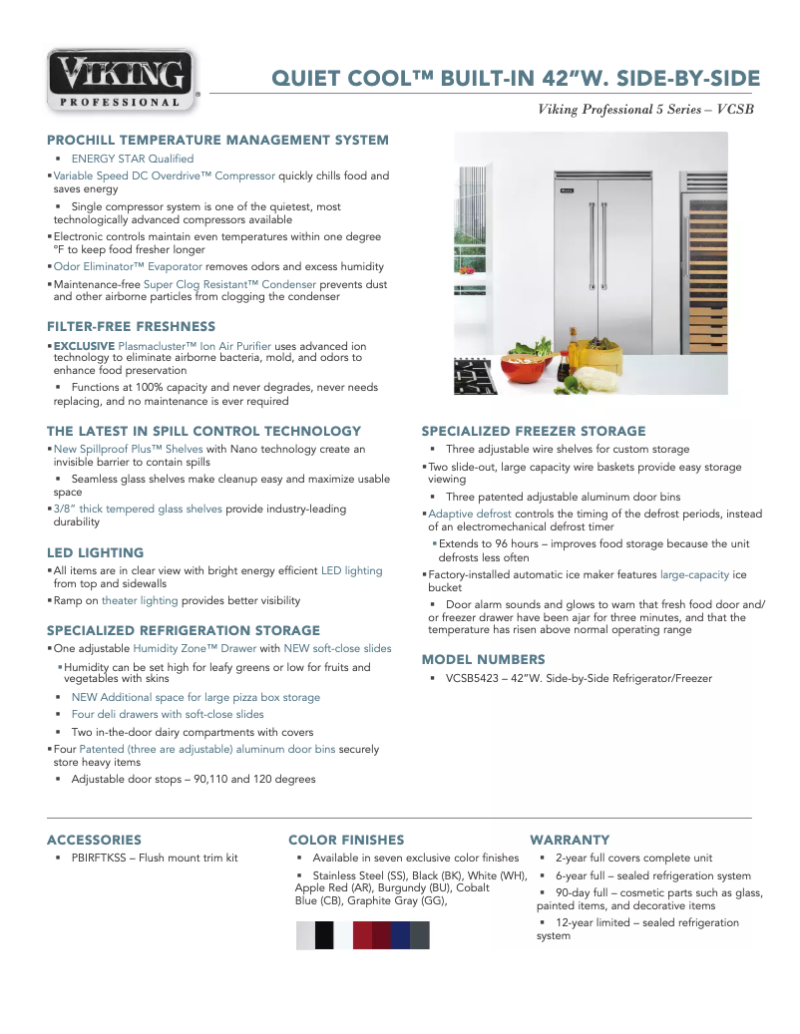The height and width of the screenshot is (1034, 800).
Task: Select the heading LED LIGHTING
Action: [95, 552]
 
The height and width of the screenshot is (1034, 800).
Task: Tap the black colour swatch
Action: [324, 935]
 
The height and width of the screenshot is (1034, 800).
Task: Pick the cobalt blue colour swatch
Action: [400, 935]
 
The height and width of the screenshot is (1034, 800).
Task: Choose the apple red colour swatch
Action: [362, 935]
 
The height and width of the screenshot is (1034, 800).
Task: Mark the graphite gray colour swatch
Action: [420, 935]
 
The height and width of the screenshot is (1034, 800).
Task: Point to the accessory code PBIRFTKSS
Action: [104, 858]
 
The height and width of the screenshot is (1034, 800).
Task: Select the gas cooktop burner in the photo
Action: [475, 377]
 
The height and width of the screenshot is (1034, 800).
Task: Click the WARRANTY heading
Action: [570, 840]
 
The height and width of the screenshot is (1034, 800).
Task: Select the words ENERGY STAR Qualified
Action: [132, 159]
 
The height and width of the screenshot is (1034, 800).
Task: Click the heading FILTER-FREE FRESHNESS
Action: [131, 326]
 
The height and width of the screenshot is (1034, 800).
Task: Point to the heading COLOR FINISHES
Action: [346, 840]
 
